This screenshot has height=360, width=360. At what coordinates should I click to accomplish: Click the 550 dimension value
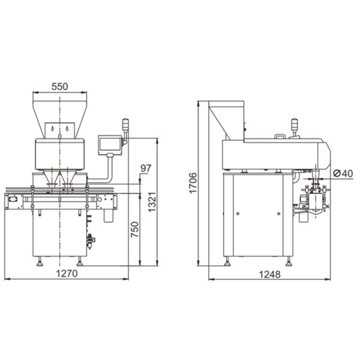point(59,87)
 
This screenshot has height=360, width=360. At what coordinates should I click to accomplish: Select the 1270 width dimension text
point(67,274)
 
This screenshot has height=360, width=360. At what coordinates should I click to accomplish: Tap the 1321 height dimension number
point(152,202)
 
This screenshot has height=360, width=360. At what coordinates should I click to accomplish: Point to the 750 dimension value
point(135,229)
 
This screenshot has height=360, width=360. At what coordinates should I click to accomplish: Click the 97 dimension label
point(146,168)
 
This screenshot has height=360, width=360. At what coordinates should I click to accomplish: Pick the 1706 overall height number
point(193,183)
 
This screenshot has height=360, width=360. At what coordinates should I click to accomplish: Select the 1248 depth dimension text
point(270,274)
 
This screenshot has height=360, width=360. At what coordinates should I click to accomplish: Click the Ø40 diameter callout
point(343,173)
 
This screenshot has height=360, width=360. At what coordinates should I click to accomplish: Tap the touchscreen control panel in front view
point(110,145)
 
